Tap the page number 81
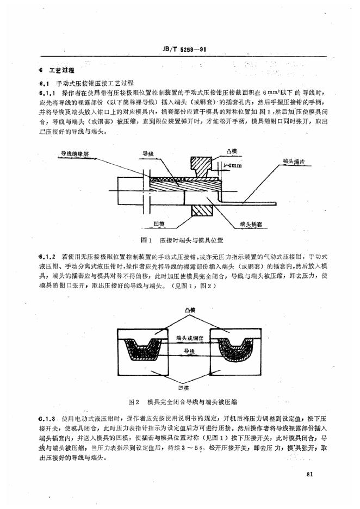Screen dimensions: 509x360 tap(311, 474)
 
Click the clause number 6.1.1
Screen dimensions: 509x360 tap(44, 94)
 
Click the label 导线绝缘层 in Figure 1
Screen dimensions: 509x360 tap(75, 155)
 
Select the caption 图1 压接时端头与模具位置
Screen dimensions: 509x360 tap(179, 239)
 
